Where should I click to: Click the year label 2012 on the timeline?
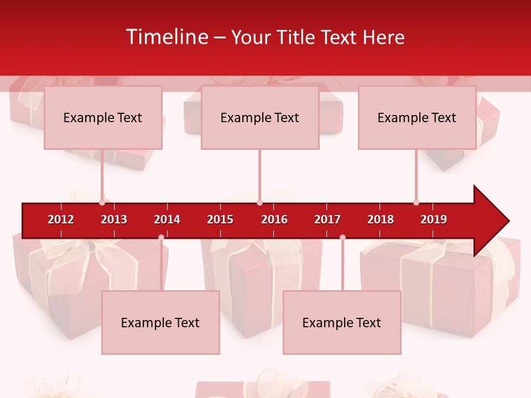61,219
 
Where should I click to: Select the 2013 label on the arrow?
114,219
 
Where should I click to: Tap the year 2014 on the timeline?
167,219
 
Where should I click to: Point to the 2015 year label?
220,219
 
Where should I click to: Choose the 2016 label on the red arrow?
274,219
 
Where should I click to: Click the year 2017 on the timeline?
327,219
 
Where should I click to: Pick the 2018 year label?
381,219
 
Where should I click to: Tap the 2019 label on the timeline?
434,219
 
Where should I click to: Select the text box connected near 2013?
103,118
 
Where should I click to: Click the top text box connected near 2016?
260,118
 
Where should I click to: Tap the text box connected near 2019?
417,118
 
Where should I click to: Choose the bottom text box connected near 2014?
160,323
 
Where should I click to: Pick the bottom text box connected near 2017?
342,323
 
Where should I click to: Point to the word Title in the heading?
297,37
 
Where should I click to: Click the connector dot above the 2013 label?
102,203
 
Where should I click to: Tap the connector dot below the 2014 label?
161,238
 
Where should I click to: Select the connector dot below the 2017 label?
342,238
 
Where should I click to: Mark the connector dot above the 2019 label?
417,203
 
